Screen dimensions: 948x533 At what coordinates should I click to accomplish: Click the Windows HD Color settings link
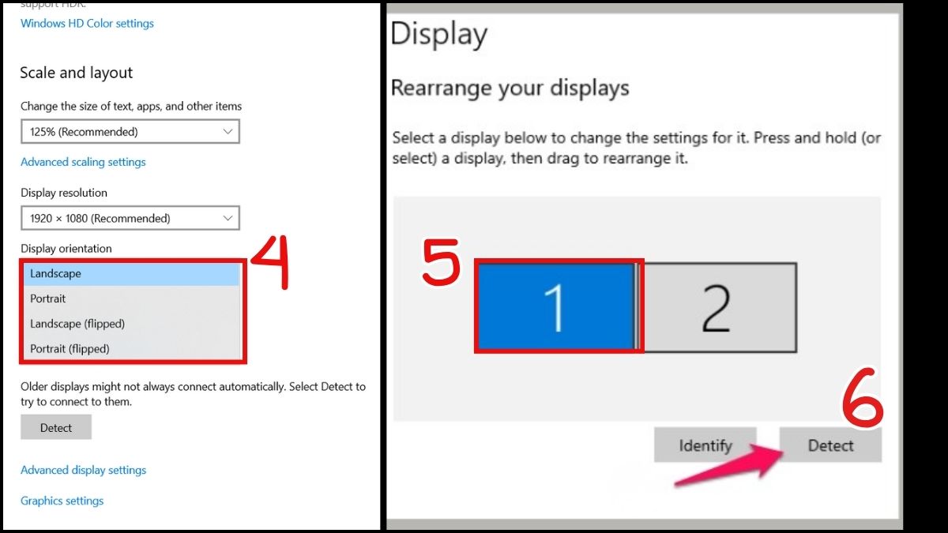coord(87,23)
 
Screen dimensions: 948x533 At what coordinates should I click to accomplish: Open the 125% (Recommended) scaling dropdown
coord(130,132)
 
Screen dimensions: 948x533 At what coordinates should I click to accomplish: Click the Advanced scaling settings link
coord(83,162)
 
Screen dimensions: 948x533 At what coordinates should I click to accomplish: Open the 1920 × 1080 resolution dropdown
coord(130,218)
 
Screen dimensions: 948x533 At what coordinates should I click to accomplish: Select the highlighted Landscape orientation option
coord(132,274)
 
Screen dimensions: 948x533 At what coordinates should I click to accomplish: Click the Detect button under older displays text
coord(56,427)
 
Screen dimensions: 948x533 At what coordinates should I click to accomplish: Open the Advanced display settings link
coord(84,470)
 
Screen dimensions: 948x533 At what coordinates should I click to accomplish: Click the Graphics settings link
coord(62,501)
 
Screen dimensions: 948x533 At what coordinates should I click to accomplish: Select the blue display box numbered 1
coord(555,306)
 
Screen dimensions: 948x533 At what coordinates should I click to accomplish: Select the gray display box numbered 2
coord(717,307)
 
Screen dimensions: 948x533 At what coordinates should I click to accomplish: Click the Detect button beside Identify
coord(830,445)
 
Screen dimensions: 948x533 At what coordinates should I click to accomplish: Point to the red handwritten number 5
coord(442,262)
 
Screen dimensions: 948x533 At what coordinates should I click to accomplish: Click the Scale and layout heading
coord(76,73)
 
